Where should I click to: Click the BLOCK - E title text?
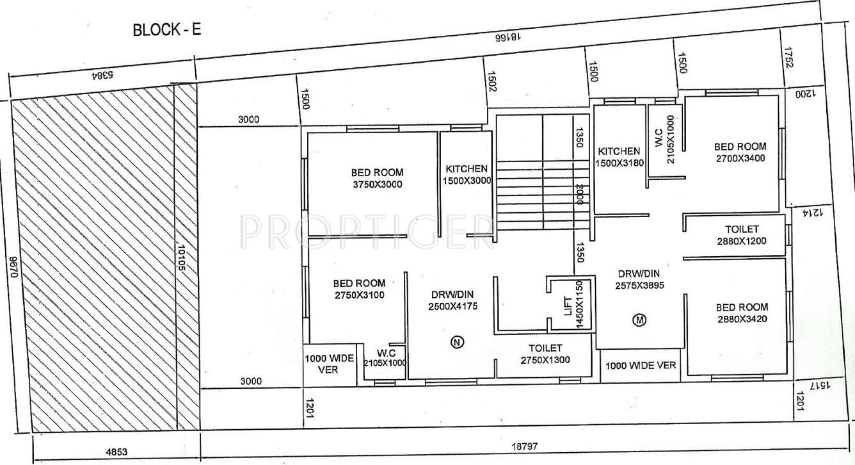[x=166, y=30]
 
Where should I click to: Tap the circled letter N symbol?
[x=456, y=342]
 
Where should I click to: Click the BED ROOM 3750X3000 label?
[x=377, y=178]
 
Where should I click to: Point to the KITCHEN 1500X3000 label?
[x=467, y=174]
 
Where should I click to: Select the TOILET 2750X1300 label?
[x=545, y=354]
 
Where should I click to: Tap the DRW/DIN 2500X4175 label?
[x=452, y=300]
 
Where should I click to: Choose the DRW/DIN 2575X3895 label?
[x=639, y=279]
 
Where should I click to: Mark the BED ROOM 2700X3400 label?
[x=740, y=152]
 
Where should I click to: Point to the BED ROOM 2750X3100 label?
[x=359, y=289]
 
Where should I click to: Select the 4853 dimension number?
[x=115, y=452]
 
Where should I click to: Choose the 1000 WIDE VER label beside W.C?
[x=328, y=364]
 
